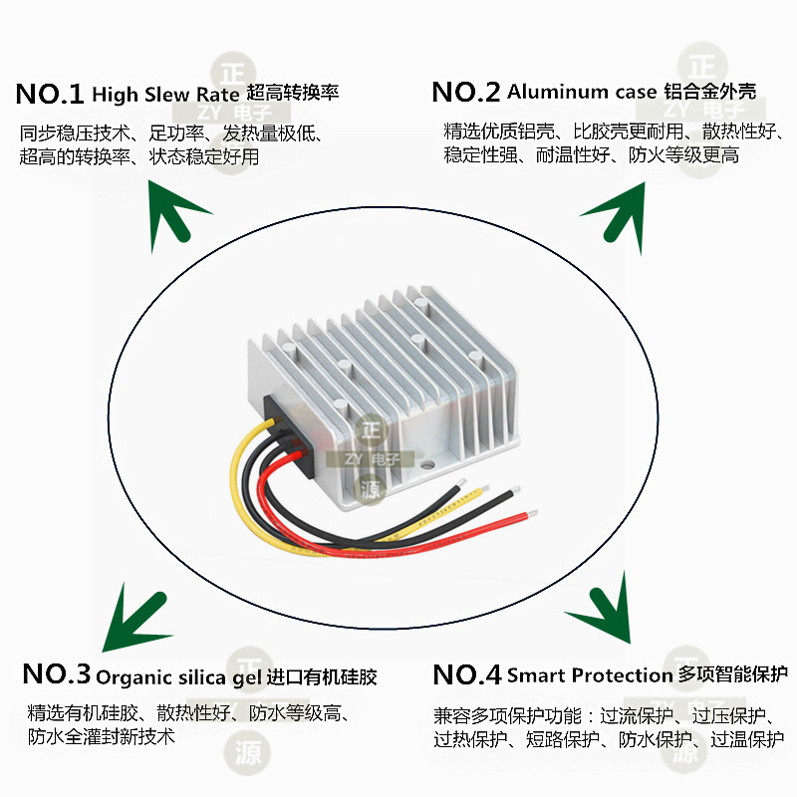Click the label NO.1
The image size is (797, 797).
(50, 95)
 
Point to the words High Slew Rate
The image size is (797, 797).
(165, 95)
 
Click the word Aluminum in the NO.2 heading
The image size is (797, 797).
(558, 92)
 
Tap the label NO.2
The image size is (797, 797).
(466, 93)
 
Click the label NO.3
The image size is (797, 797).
(56, 674)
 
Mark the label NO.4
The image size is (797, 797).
(466, 675)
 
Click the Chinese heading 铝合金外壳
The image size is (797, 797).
(709, 92)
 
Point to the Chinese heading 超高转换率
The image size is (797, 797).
(292, 94)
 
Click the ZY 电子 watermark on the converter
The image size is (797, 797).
(370, 459)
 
